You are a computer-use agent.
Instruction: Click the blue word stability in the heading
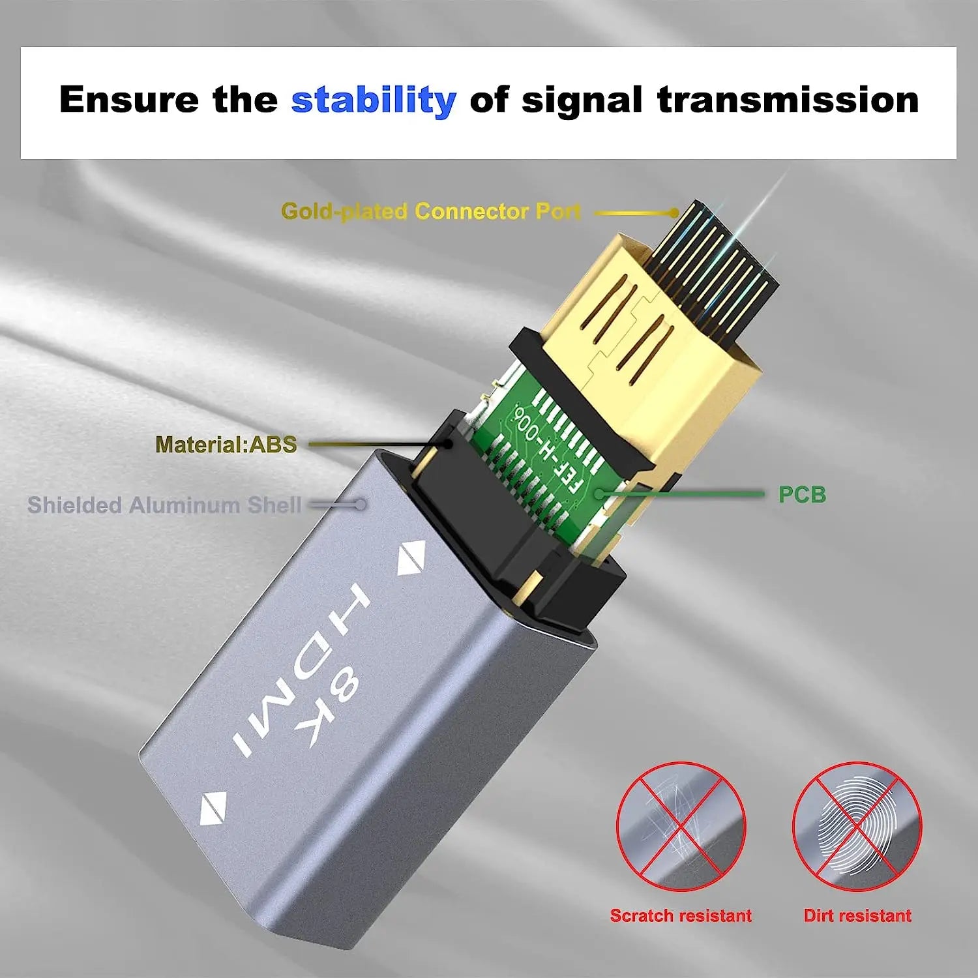373,100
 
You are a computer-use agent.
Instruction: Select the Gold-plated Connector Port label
430,211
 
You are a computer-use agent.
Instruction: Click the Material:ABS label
226,445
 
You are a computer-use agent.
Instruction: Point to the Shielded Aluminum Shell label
164,505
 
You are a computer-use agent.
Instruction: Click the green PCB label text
802,495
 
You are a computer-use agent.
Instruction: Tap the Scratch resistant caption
681,915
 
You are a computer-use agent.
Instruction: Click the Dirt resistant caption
857,915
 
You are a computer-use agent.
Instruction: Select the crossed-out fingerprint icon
857,826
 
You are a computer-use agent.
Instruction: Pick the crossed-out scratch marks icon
681,826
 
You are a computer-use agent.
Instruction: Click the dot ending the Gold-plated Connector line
674,213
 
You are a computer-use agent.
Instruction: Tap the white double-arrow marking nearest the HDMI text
411,558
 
